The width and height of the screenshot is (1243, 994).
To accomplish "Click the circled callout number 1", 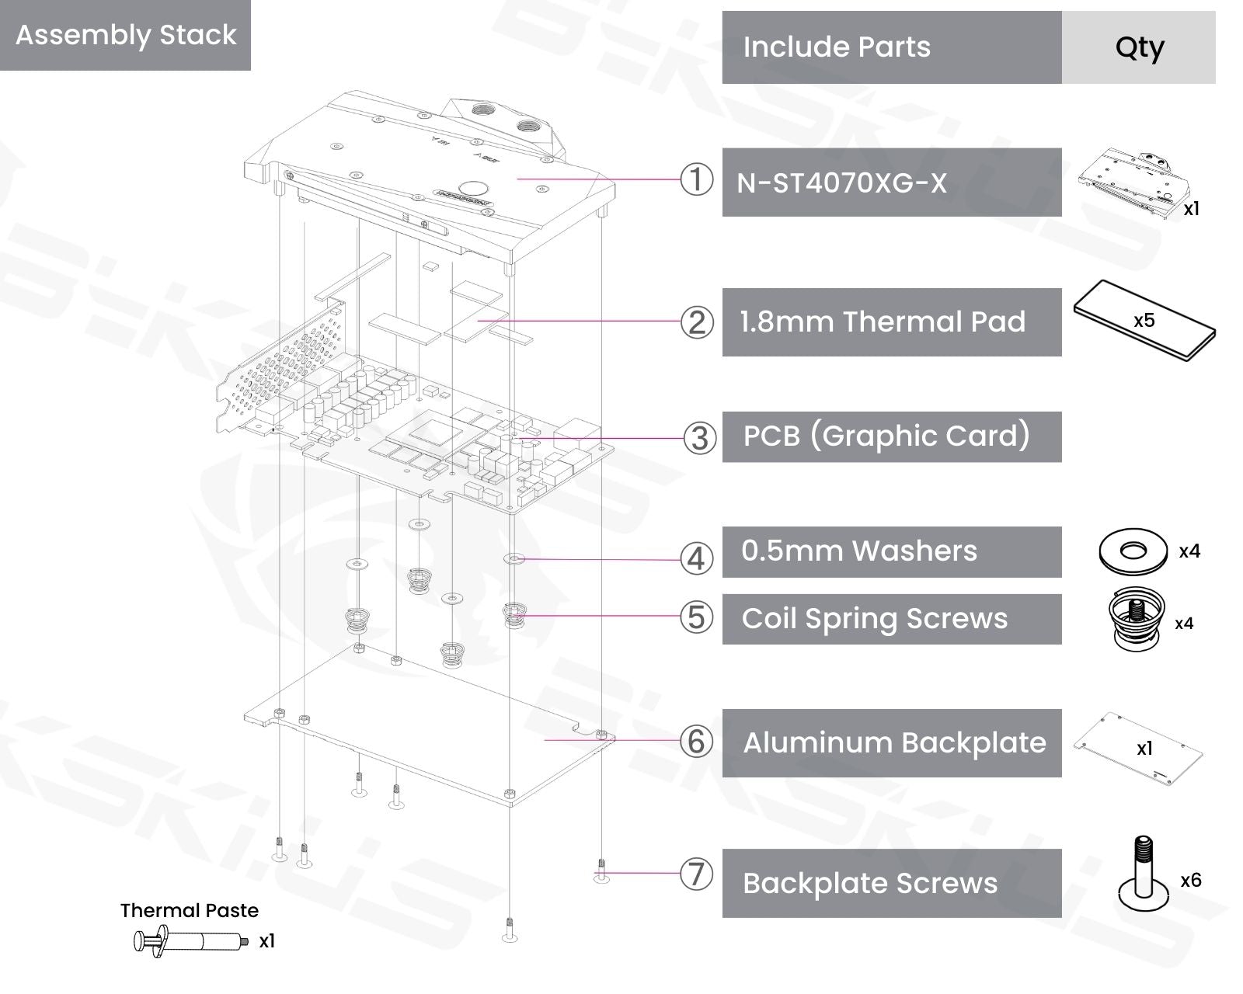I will pos(696,179).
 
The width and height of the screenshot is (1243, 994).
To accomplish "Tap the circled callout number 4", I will pos(696,558).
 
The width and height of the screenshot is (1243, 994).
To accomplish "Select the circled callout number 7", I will pos(696,874).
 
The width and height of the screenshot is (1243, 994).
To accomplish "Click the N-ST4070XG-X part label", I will pos(842,183).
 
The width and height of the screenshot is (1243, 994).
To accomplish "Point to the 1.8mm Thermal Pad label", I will pos(883,322).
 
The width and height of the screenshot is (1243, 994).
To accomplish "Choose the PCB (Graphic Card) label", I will pos(886,436).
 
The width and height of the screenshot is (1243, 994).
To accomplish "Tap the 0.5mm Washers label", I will pos(859,551).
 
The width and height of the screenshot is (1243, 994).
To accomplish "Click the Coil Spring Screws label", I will pos(875,619).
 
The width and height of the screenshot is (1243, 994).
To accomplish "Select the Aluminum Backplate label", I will pos(894,743).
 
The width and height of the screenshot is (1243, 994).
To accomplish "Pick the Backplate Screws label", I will pos(870,884).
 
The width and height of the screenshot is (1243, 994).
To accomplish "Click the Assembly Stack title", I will pos(126,35).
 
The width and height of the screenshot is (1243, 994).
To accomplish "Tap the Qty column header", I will pos(1139,47).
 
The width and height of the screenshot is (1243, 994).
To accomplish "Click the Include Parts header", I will pos(837,47).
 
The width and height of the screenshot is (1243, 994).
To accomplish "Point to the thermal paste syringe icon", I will pos(191,941).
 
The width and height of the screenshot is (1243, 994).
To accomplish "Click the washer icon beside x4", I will pos(1133,551).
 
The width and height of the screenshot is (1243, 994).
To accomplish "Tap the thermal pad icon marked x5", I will pos(1144,321).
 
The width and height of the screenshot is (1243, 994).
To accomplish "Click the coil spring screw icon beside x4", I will pos(1137,618).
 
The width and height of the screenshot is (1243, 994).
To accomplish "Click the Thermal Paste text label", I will pos(190,910).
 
